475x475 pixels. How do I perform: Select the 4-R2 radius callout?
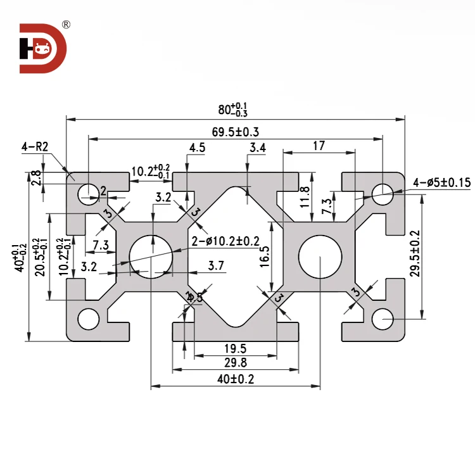click(34, 147)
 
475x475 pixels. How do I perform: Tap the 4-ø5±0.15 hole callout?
click(442, 182)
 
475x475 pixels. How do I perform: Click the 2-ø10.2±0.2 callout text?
click(225, 241)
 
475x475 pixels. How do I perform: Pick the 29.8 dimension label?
click(235, 363)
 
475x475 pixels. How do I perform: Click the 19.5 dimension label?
click(235, 348)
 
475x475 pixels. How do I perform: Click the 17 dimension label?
click(319, 146)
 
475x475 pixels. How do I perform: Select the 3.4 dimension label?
click(258, 148)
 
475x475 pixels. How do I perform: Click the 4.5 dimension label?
click(197, 148)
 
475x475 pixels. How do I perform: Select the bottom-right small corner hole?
click(383, 319)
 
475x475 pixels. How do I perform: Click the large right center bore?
click(320, 256)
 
